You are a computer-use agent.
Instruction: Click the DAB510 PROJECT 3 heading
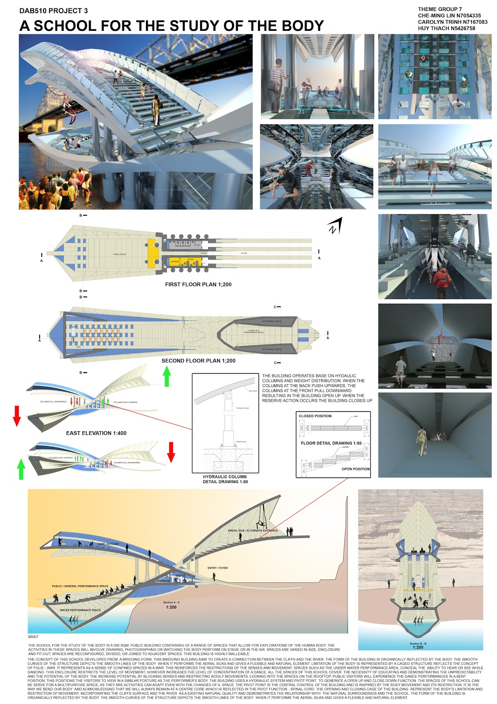click(x=53, y=11)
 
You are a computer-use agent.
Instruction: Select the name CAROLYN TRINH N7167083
click(x=453, y=22)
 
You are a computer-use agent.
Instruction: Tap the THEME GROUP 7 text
click(x=440, y=9)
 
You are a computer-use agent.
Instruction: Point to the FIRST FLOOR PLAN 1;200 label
click(x=198, y=285)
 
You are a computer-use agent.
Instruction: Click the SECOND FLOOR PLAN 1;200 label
click(x=198, y=361)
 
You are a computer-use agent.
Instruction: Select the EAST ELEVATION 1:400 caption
click(x=96, y=433)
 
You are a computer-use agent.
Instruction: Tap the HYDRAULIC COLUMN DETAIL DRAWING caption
click(x=225, y=479)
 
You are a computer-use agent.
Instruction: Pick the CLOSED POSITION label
click(x=315, y=416)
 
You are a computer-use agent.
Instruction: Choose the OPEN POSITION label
click(x=355, y=469)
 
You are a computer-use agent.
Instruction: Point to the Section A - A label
click(x=171, y=602)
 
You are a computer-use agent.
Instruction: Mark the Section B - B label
click(x=418, y=644)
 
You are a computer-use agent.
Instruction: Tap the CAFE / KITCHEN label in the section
click(x=108, y=544)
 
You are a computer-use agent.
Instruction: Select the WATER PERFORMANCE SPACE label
click(x=80, y=610)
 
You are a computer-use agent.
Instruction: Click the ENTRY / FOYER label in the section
click(x=217, y=568)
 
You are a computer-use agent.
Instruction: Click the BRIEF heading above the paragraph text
click(x=33, y=637)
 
